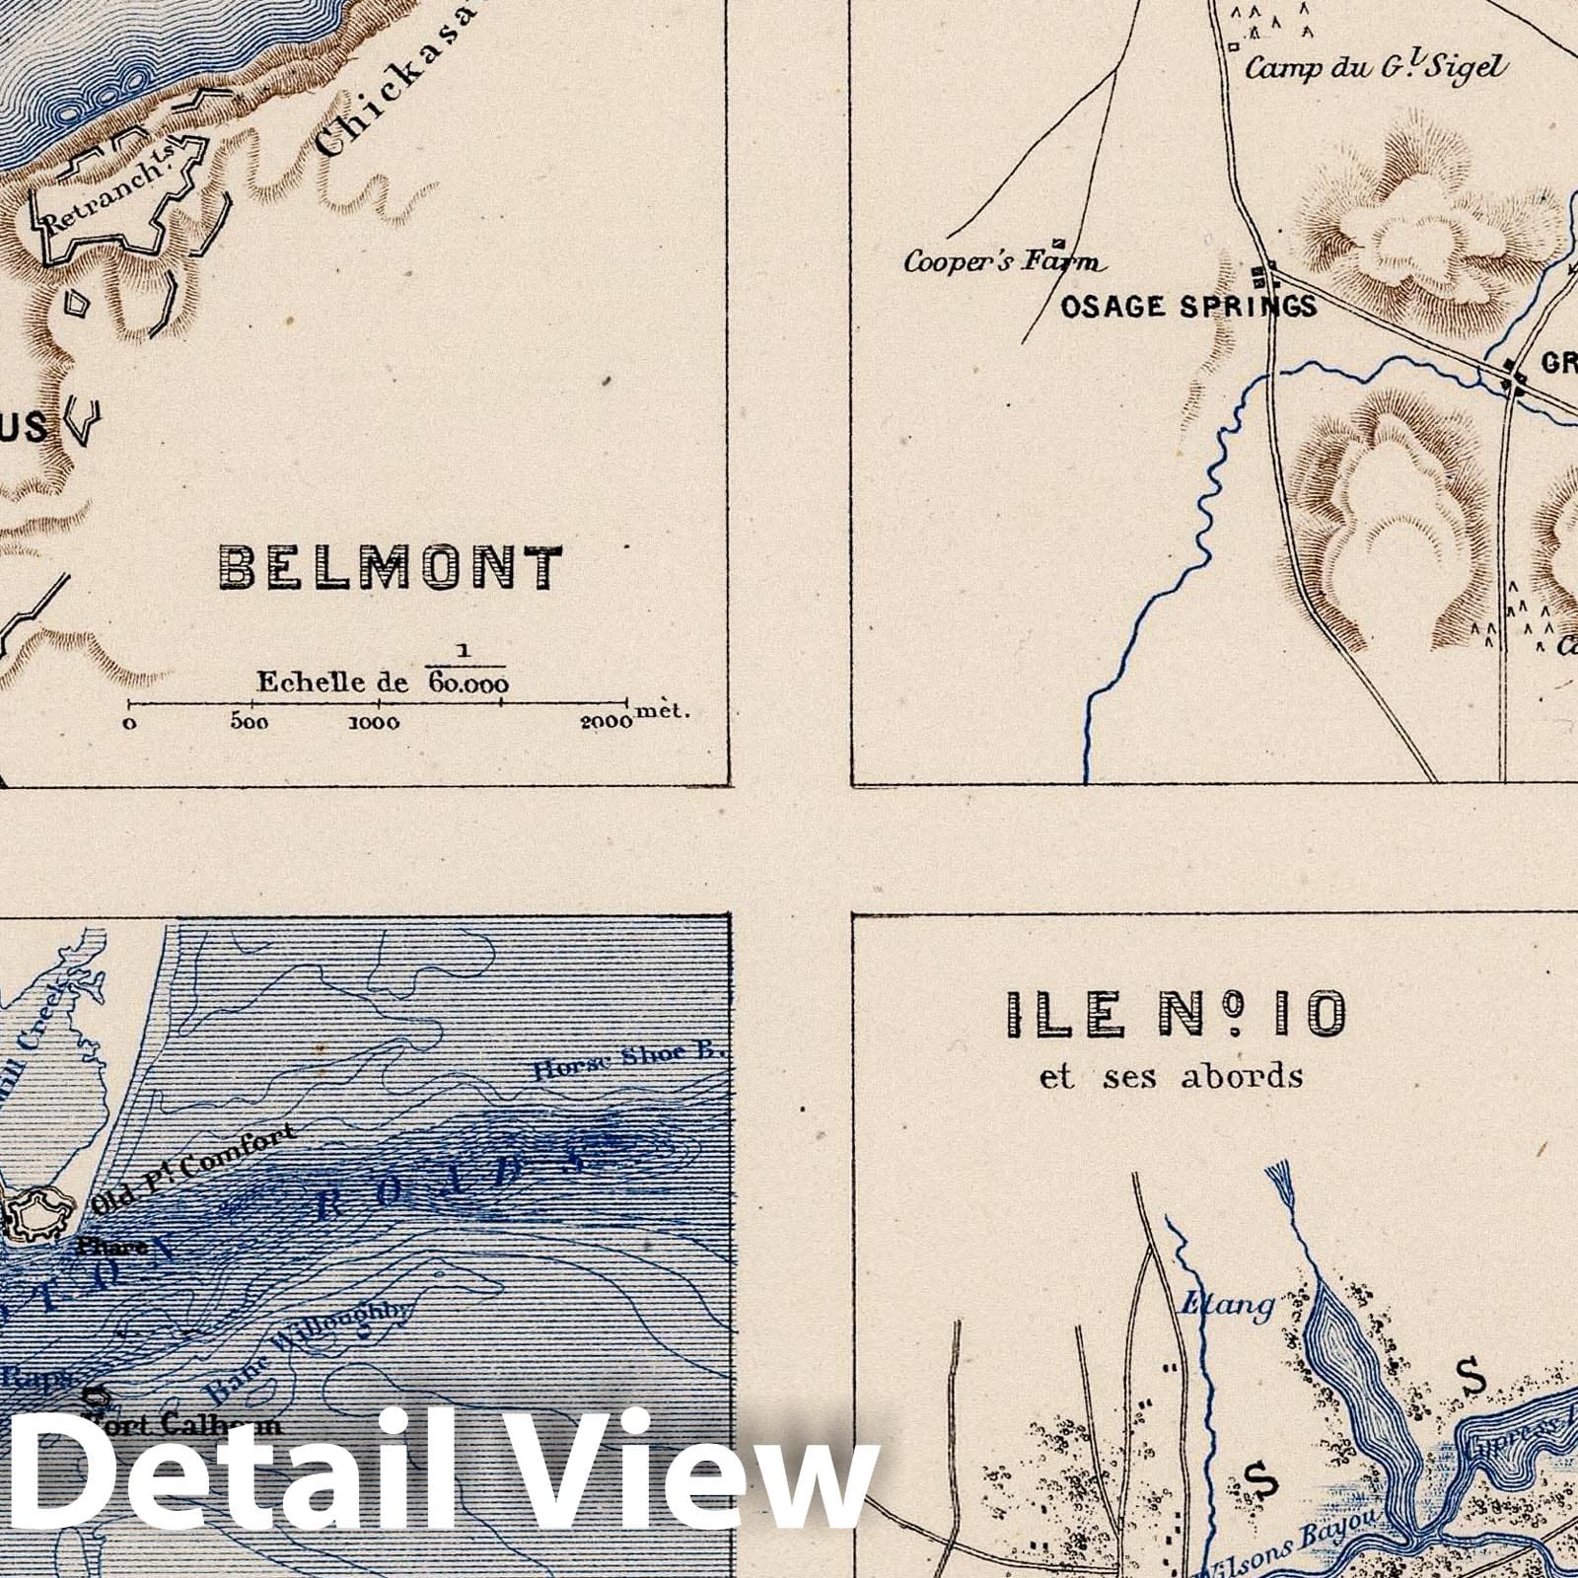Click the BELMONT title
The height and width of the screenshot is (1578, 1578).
click(x=391, y=568)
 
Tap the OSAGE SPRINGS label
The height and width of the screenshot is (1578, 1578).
click(x=1187, y=307)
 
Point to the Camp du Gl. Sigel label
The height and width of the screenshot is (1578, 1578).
click(x=1376, y=68)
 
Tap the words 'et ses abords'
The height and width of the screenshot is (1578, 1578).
click(x=1171, y=1076)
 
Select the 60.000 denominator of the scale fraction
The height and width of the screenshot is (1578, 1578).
click(x=468, y=684)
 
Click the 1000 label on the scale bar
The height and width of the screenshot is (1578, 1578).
click(x=375, y=722)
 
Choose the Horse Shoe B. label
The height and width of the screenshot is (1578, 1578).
click(x=628, y=1062)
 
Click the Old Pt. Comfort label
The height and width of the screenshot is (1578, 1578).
click(x=207, y=1167)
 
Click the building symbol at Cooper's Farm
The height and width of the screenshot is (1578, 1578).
click(x=1060, y=243)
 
